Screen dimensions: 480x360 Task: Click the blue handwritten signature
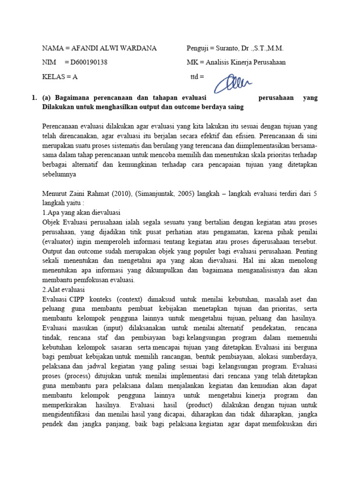(x=233, y=83)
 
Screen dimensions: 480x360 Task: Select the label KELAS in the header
(x=53, y=76)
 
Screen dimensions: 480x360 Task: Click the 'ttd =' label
(x=197, y=76)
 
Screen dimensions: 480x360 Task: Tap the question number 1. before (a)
(x=34, y=98)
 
